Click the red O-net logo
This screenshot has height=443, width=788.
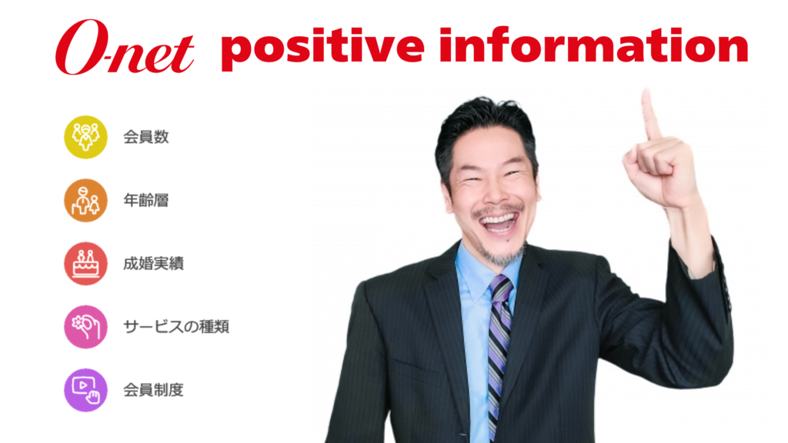[124, 47]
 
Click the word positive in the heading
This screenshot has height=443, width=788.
[322, 46]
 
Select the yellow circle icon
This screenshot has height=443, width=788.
[85, 137]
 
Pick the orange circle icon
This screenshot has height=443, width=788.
[85, 201]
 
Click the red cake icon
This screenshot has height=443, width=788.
[85, 264]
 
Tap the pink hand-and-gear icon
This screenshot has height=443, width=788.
[85, 327]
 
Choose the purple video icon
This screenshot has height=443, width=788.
[85, 390]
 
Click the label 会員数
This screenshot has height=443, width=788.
[145, 137]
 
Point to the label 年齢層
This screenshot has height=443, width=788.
[145, 201]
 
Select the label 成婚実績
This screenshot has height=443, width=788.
[153, 264]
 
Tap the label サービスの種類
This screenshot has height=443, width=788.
[176, 327]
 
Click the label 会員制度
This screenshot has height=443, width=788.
[153, 390]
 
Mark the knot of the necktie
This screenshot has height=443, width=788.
[501, 288]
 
